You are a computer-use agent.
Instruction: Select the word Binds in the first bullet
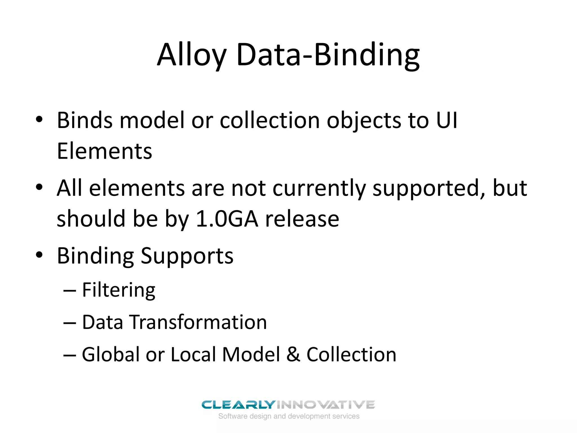[x=85, y=120]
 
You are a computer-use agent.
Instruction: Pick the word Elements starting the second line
[x=105, y=151]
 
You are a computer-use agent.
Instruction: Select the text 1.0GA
[x=227, y=219]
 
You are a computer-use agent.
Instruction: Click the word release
[x=302, y=219]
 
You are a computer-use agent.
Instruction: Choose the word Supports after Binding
[x=187, y=256]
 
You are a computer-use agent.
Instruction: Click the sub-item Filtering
[x=119, y=290]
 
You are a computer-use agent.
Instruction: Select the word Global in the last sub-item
[x=110, y=354]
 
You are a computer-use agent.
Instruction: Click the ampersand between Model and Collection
[x=293, y=354]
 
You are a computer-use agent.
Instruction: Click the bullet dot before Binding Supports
[x=39, y=255]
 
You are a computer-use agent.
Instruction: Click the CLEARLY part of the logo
[x=238, y=405]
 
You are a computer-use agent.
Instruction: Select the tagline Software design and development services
[x=289, y=416]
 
